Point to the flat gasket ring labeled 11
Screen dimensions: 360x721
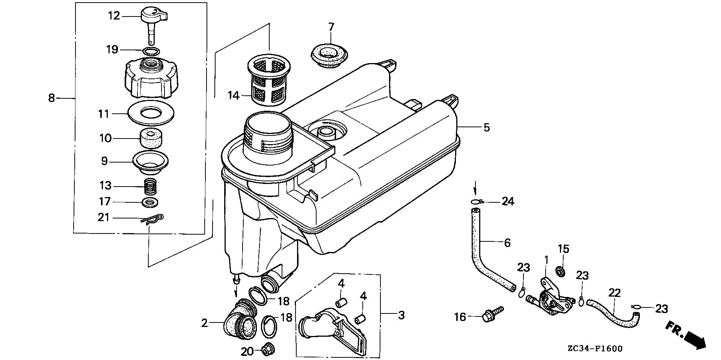tap(151, 113)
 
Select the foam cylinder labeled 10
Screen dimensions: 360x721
tap(151, 139)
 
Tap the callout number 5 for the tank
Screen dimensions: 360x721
tap(486, 128)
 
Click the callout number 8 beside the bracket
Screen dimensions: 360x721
tap(51, 98)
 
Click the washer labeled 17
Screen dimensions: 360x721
tap(151, 203)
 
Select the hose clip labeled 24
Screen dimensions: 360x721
tap(475, 202)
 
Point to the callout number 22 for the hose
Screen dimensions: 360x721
tap(614, 293)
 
